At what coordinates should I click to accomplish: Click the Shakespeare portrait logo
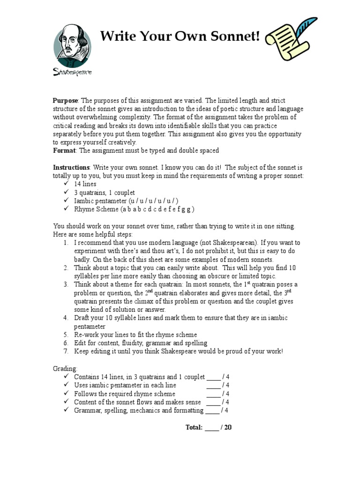tap(72, 49)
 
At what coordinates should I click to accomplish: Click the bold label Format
tap(64, 150)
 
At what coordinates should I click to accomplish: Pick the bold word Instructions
tap(71, 167)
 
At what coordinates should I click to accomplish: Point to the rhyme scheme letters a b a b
tap(132, 209)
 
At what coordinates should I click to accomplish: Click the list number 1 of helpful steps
tap(66, 243)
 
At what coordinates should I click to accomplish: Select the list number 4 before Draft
tap(66, 318)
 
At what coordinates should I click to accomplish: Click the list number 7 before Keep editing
tap(66, 352)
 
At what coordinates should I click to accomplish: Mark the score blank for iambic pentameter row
tap(213, 385)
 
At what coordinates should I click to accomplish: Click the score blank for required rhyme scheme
tap(213, 394)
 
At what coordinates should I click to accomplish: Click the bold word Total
tap(195, 427)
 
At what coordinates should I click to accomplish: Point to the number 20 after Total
tap(228, 427)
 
